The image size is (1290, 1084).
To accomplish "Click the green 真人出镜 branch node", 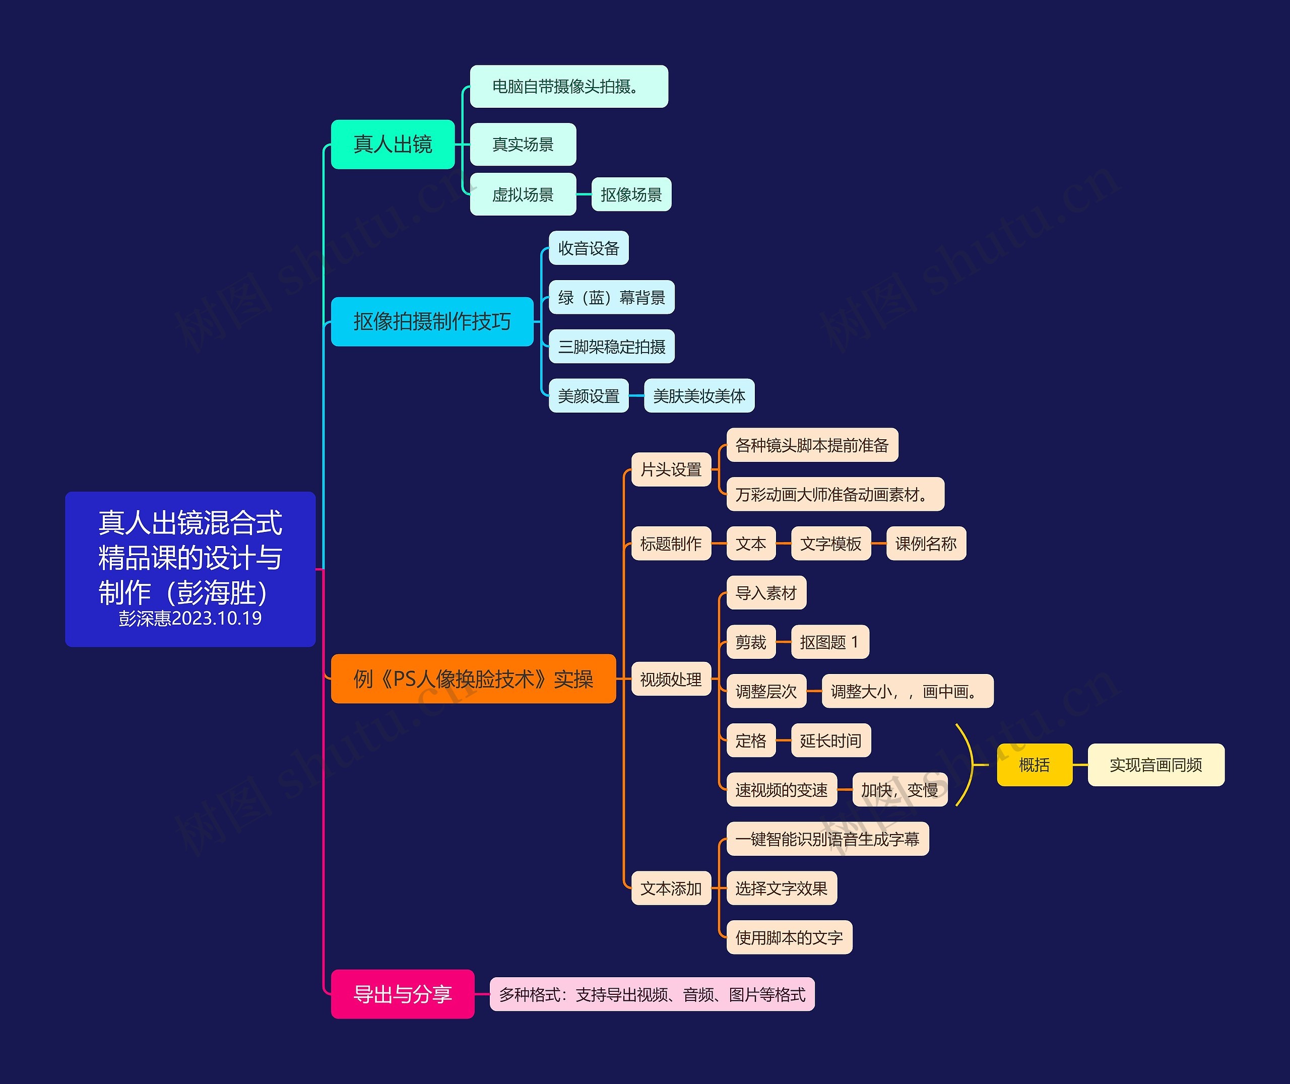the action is coord(393,145).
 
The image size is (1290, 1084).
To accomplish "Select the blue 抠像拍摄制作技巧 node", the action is coord(431,321).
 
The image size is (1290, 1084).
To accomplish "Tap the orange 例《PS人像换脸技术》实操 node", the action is coord(473,679).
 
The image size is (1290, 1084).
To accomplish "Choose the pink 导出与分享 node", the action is coord(403,994).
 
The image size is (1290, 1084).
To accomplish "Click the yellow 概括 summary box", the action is coord(1035,765).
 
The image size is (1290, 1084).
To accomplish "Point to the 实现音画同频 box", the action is coord(1155,765).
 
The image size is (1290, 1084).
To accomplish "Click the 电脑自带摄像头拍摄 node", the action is coord(568,87).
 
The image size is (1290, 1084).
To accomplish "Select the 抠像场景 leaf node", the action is coord(631,195).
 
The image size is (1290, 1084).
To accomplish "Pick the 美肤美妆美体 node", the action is coord(699,396).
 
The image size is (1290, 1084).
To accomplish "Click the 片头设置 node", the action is coord(671,469).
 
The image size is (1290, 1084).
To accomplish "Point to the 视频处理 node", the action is coord(671,679).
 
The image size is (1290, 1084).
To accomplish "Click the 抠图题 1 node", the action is coord(829,642).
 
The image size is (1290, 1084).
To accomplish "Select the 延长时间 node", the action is coord(830,740).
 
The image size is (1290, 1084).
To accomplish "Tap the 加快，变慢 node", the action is coord(900,790).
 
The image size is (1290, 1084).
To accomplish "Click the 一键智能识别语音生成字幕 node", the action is coord(827,839).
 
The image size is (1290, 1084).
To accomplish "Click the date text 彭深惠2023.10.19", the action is coord(190,618).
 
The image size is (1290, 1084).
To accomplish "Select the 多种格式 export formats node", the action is coord(652,994).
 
